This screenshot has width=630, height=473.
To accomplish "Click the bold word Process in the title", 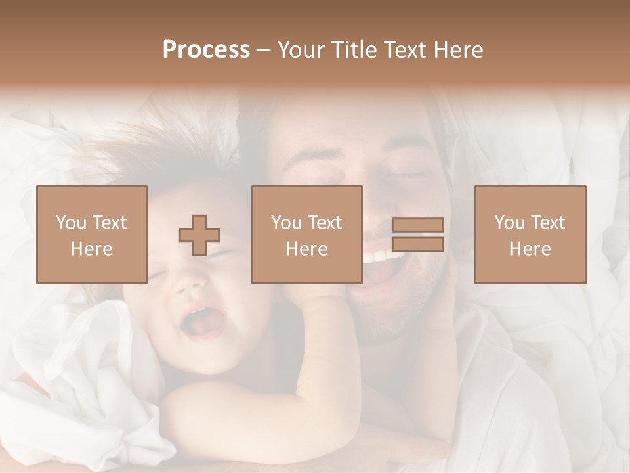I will point(206,50).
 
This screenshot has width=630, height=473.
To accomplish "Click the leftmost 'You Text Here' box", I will point(91,235).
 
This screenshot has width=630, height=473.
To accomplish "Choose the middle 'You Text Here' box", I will point(306,235).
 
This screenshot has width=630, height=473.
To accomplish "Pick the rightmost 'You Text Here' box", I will point(530,235).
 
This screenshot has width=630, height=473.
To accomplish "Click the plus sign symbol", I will point(199,235).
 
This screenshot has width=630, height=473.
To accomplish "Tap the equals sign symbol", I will point(417,235).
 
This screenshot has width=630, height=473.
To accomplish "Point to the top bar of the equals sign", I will point(417,225).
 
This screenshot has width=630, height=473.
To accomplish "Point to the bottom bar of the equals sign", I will point(417,244).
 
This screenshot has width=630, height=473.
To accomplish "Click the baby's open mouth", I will point(205,322).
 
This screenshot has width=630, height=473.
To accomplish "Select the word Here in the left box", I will point(91,249).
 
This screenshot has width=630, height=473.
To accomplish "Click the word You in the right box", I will point(509,223).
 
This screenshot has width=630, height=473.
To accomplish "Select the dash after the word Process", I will point(264,50).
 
